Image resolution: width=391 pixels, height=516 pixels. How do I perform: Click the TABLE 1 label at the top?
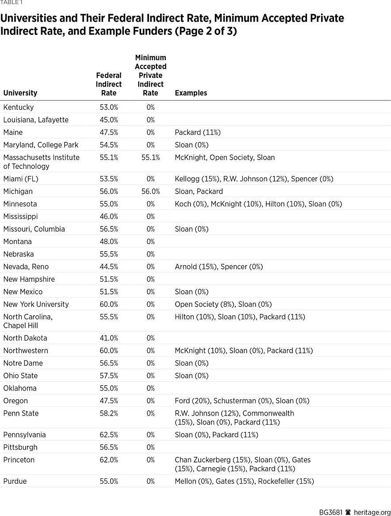coord(11,3)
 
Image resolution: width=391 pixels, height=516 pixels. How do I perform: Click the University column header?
coord(20,93)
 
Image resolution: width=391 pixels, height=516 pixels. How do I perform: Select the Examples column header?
coord(191,93)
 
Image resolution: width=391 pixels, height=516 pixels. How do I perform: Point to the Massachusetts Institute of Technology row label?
coord(41,162)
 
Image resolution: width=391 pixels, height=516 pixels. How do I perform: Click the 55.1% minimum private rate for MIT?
coord(150,157)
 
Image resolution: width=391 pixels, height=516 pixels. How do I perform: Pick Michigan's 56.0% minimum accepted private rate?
coord(150,191)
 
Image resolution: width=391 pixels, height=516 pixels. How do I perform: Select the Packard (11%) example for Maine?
coord(197,132)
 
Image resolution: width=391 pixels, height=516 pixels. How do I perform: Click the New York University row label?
coord(36,304)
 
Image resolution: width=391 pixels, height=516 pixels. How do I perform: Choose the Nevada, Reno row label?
coord(26,267)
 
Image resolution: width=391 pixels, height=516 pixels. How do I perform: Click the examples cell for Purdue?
coord(244,481)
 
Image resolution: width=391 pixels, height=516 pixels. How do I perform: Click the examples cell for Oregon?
coord(242,401)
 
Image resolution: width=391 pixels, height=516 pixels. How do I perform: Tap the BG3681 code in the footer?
coord(331,512)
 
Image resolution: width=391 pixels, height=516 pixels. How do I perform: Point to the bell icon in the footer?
coord(348,512)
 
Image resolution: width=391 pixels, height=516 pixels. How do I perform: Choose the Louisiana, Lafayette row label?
coord(36,120)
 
